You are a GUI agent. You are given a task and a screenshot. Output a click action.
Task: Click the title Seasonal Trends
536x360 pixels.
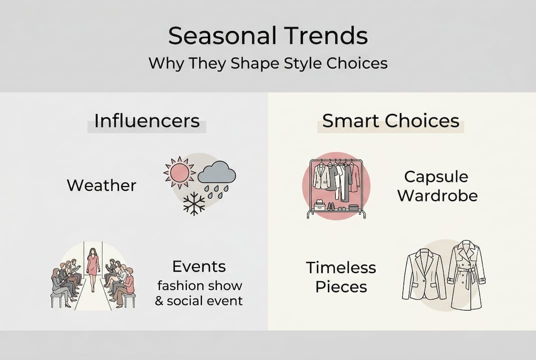point(268,36)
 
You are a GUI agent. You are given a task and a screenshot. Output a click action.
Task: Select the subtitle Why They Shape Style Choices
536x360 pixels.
point(268,64)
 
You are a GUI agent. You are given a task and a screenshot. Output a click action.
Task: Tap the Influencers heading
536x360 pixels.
point(147,121)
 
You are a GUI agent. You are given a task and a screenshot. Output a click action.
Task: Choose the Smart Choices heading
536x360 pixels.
point(391,121)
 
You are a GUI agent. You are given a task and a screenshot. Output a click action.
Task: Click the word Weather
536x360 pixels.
point(101,185)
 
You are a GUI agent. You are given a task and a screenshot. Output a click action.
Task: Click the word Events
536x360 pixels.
point(199,266)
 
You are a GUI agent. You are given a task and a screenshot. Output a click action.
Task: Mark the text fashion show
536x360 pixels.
point(199,285)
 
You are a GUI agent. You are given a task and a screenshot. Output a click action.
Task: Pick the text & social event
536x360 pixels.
point(199,301)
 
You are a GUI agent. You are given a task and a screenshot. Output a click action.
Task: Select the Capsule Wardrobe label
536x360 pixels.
point(437,185)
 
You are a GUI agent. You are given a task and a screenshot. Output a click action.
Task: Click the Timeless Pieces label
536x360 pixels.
point(341,277)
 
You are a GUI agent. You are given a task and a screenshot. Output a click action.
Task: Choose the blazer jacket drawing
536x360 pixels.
point(424,275)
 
